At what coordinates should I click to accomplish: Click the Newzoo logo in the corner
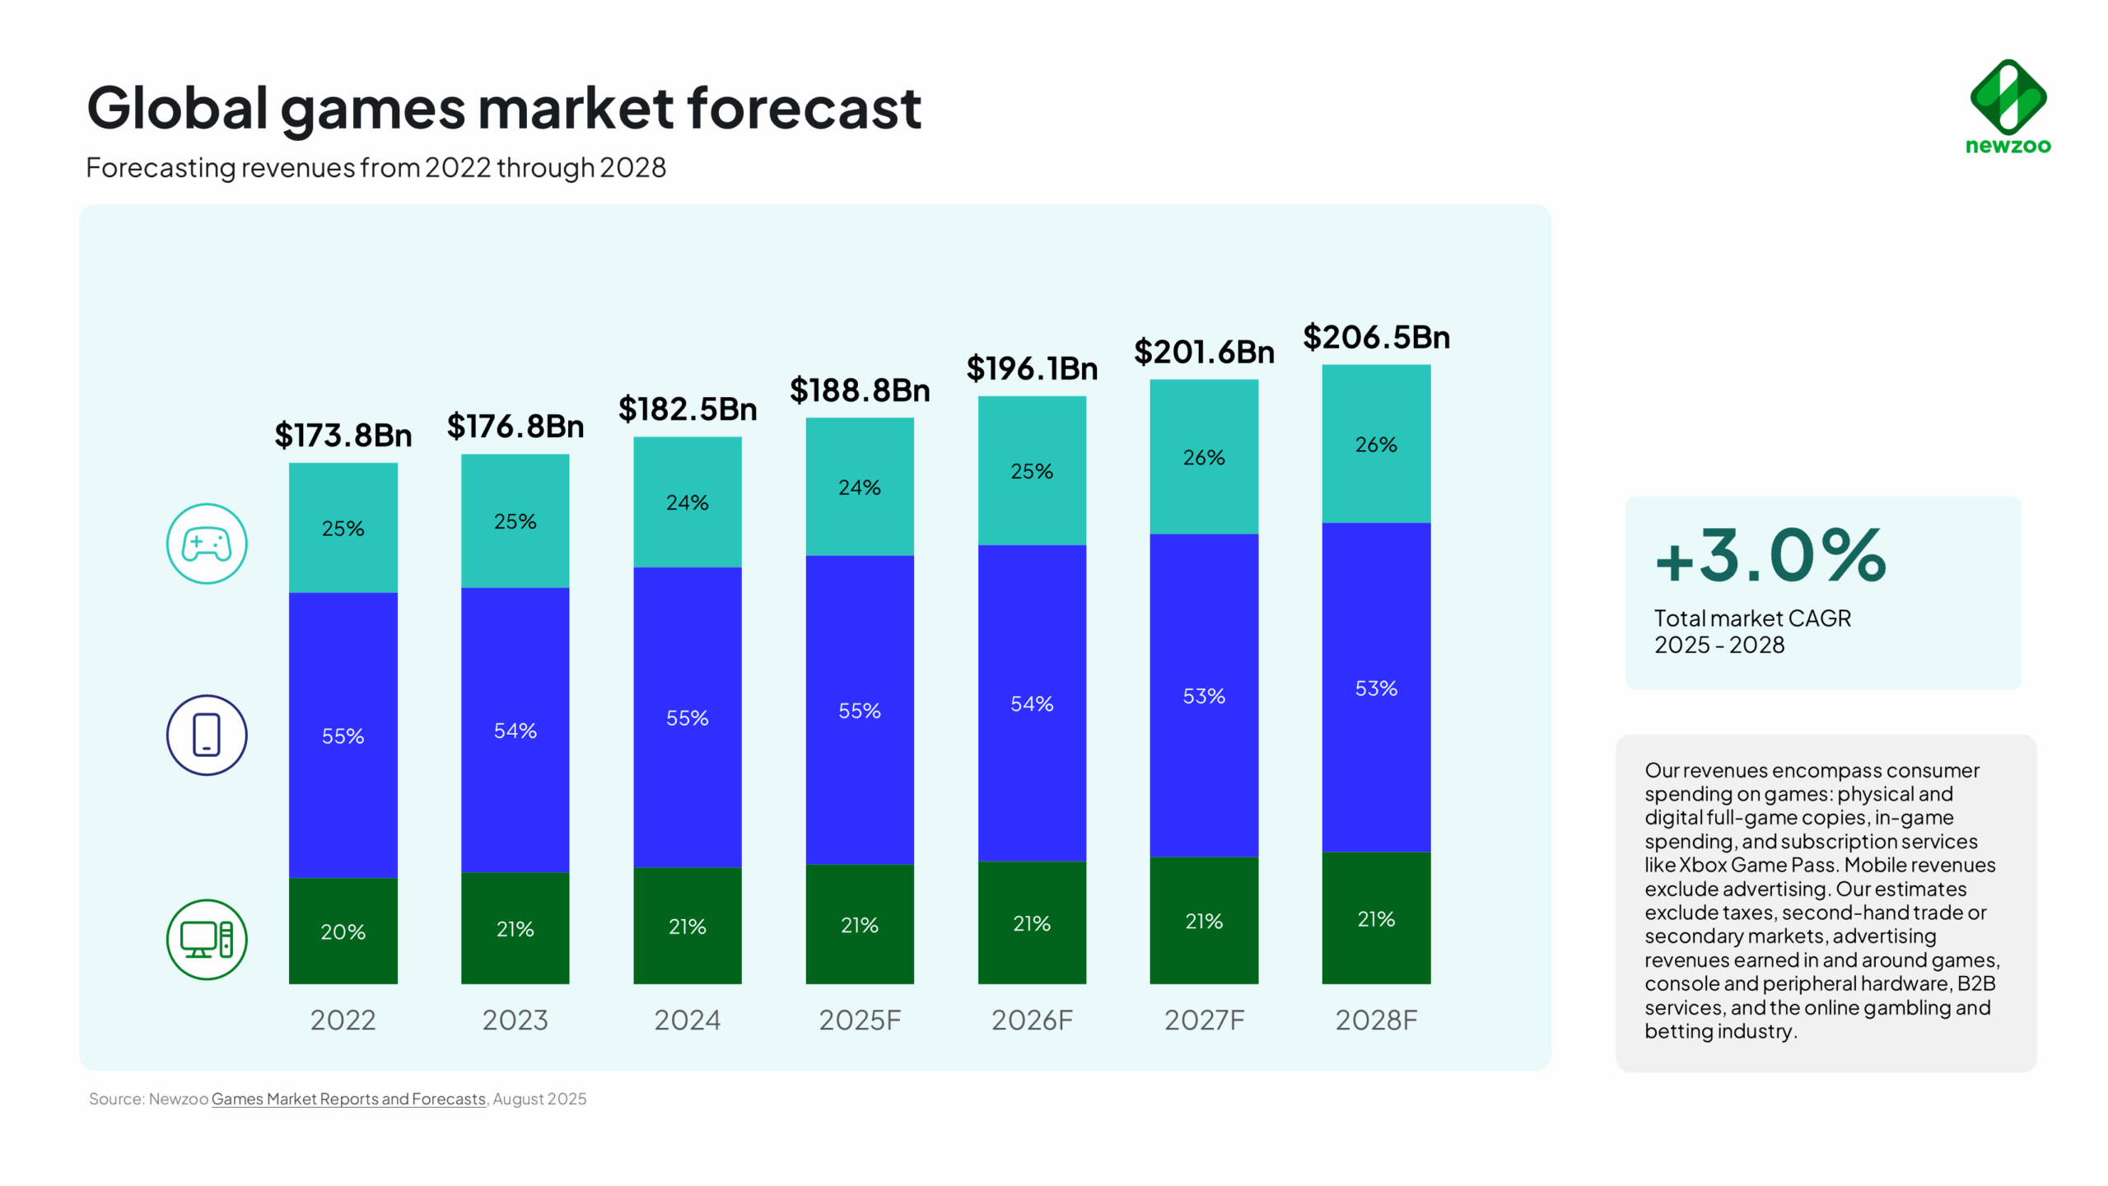(2008, 107)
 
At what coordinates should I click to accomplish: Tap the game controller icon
(207, 544)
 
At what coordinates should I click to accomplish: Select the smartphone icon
(207, 735)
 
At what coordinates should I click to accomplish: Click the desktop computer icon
(207, 939)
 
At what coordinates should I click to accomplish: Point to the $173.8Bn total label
(343, 435)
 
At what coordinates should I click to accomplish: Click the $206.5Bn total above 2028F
(1376, 337)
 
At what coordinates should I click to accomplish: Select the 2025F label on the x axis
(860, 1020)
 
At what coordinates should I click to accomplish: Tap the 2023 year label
(515, 1020)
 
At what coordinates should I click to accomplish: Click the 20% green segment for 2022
(343, 931)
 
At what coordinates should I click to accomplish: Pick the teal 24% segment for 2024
(687, 502)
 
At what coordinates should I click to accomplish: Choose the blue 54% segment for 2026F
(1032, 703)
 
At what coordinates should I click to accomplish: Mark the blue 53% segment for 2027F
(1204, 696)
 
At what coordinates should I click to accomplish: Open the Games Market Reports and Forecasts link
(348, 1099)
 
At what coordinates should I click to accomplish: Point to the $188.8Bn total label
(860, 390)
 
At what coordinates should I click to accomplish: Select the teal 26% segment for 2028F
(1376, 444)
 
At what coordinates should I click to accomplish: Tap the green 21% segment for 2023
(515, 928)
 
